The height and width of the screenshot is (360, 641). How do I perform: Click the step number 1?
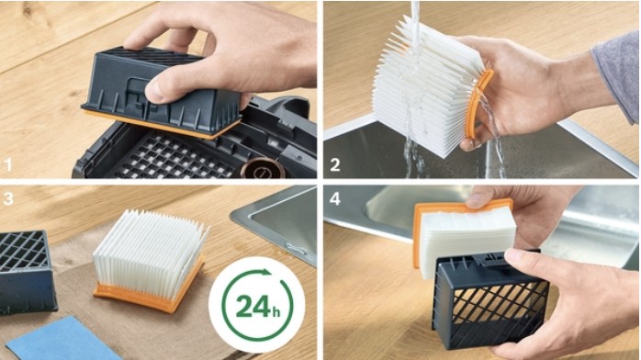point(8,165)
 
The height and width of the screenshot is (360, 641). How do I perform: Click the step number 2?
point(335,165)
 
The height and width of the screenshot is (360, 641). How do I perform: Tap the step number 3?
point(8,198)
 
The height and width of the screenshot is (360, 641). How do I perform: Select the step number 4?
point(335,198)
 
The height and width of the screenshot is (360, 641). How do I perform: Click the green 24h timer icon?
point(257,305)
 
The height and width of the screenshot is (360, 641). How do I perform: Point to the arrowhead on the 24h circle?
point(266,273)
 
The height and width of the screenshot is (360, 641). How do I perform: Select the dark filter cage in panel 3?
point(26,272)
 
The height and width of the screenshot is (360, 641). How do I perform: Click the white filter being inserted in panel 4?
point(466,239)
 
